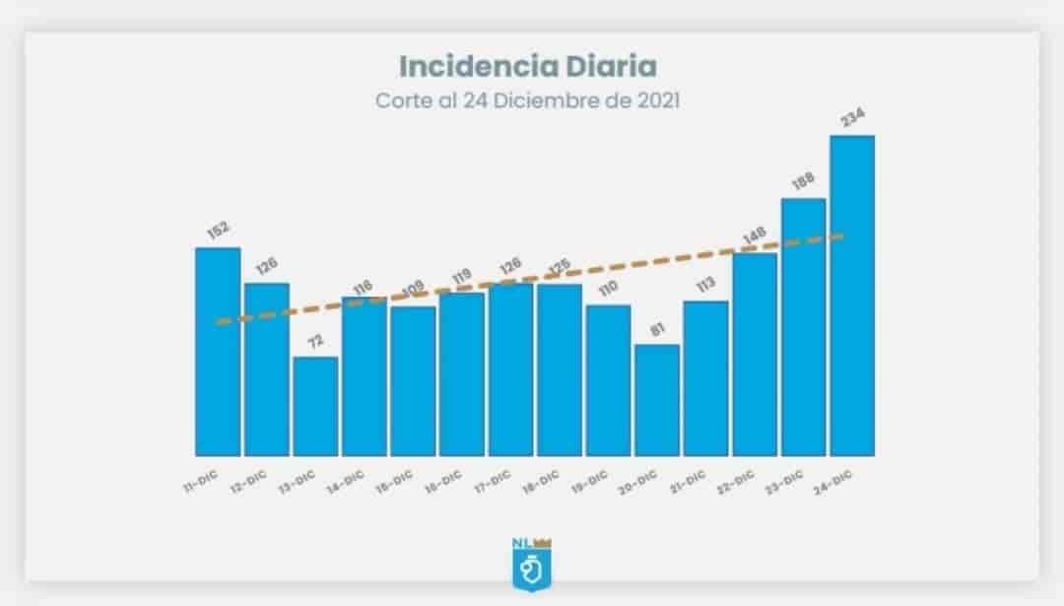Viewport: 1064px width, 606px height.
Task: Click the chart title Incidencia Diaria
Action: [x=527, y=66]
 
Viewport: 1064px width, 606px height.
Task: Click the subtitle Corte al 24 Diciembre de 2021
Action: [x=527, y=101]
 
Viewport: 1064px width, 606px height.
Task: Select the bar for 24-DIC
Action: [x=852, y=296]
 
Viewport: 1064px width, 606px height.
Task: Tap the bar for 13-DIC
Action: [x=315, y=406]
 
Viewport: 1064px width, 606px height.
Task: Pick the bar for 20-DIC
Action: [x=657, y=400]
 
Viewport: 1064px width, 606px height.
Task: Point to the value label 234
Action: [x=853, y=118]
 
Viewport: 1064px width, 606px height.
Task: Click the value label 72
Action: [x=315, y=341]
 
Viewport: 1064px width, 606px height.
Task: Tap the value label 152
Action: [x=218, y=231]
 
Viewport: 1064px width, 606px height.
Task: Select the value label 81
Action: [x=658, y=329]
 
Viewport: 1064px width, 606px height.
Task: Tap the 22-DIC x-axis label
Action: [x=735, y=480]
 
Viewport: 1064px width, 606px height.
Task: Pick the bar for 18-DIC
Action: [x=560, y=370]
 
